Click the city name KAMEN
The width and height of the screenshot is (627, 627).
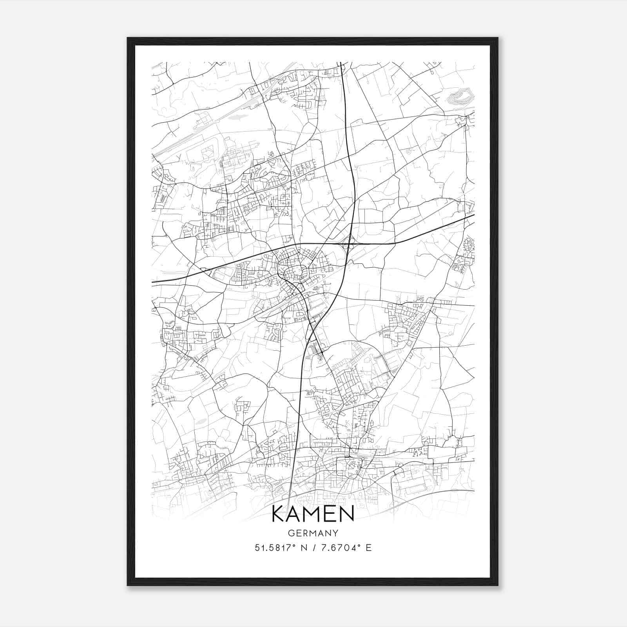(x=313, y=514)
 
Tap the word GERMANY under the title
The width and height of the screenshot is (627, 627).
(x=313, y=533)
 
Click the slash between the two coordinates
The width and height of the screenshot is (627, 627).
(x=313, y=548)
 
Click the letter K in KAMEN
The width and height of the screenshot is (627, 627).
(x=279, y=514)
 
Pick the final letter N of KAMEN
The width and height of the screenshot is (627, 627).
(x=347, y=514)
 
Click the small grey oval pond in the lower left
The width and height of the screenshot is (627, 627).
(x=201, y=421)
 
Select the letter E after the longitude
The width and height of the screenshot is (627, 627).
(x=368, y=548)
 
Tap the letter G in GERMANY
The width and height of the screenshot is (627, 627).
(x=291, y=533)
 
